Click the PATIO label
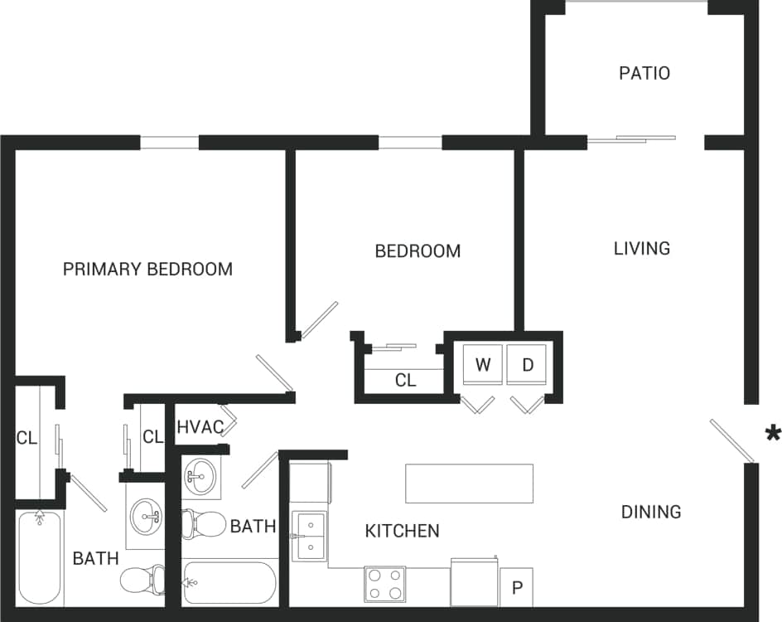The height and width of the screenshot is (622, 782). [644, 73]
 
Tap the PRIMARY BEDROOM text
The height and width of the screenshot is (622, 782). [147, 269]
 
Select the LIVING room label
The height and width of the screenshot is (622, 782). [641, 248]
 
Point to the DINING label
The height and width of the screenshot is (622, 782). [651, 512]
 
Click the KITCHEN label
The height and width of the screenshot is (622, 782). [402, 531]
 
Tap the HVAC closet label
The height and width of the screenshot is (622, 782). [200, 428]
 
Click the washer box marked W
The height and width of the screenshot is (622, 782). [483, 364]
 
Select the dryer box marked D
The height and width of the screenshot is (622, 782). [527, 364]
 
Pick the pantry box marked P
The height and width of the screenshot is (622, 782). [517, 588]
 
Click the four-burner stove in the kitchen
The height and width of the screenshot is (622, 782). [384, 584]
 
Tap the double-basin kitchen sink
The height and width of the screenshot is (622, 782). [310, 536]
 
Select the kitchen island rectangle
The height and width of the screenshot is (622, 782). [469, 483]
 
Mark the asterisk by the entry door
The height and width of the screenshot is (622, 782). [773, 433]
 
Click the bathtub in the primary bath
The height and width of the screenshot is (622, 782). [40, 557]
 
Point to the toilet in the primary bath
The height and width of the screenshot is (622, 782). [142, 580]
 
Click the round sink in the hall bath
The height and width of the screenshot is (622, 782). [200, 476]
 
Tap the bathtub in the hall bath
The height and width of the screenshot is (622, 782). [229, 583]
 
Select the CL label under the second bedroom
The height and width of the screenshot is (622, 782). [405, 381]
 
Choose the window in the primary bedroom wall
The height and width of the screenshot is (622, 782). [169, 143]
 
